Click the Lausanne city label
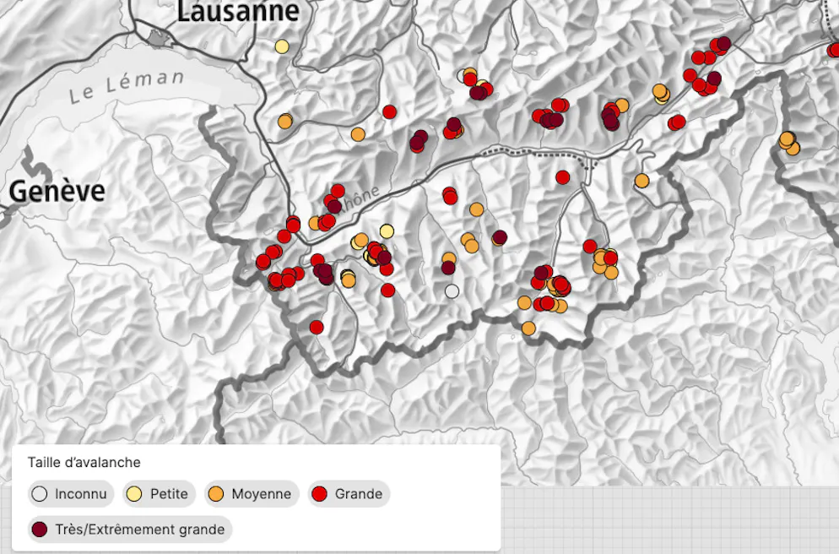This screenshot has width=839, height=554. point(238,11)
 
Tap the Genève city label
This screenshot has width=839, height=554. point(57,192)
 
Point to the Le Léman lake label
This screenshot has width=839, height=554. point(127,86)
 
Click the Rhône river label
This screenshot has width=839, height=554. point(359,199)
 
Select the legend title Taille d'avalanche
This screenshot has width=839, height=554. point(84,463)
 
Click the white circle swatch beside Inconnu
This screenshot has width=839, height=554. point(39,494)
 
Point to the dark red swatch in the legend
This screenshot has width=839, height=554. point(39,530)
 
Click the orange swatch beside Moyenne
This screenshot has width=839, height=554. point(216,494)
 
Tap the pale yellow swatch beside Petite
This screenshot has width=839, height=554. point(133,494)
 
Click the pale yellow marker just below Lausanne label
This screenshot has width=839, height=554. point(282,46)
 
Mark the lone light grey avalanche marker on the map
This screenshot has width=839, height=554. point(452,291)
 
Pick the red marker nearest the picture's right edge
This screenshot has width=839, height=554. point(834,51)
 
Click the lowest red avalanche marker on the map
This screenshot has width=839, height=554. point(317,327)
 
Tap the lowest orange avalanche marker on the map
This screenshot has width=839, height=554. point(528,328)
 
